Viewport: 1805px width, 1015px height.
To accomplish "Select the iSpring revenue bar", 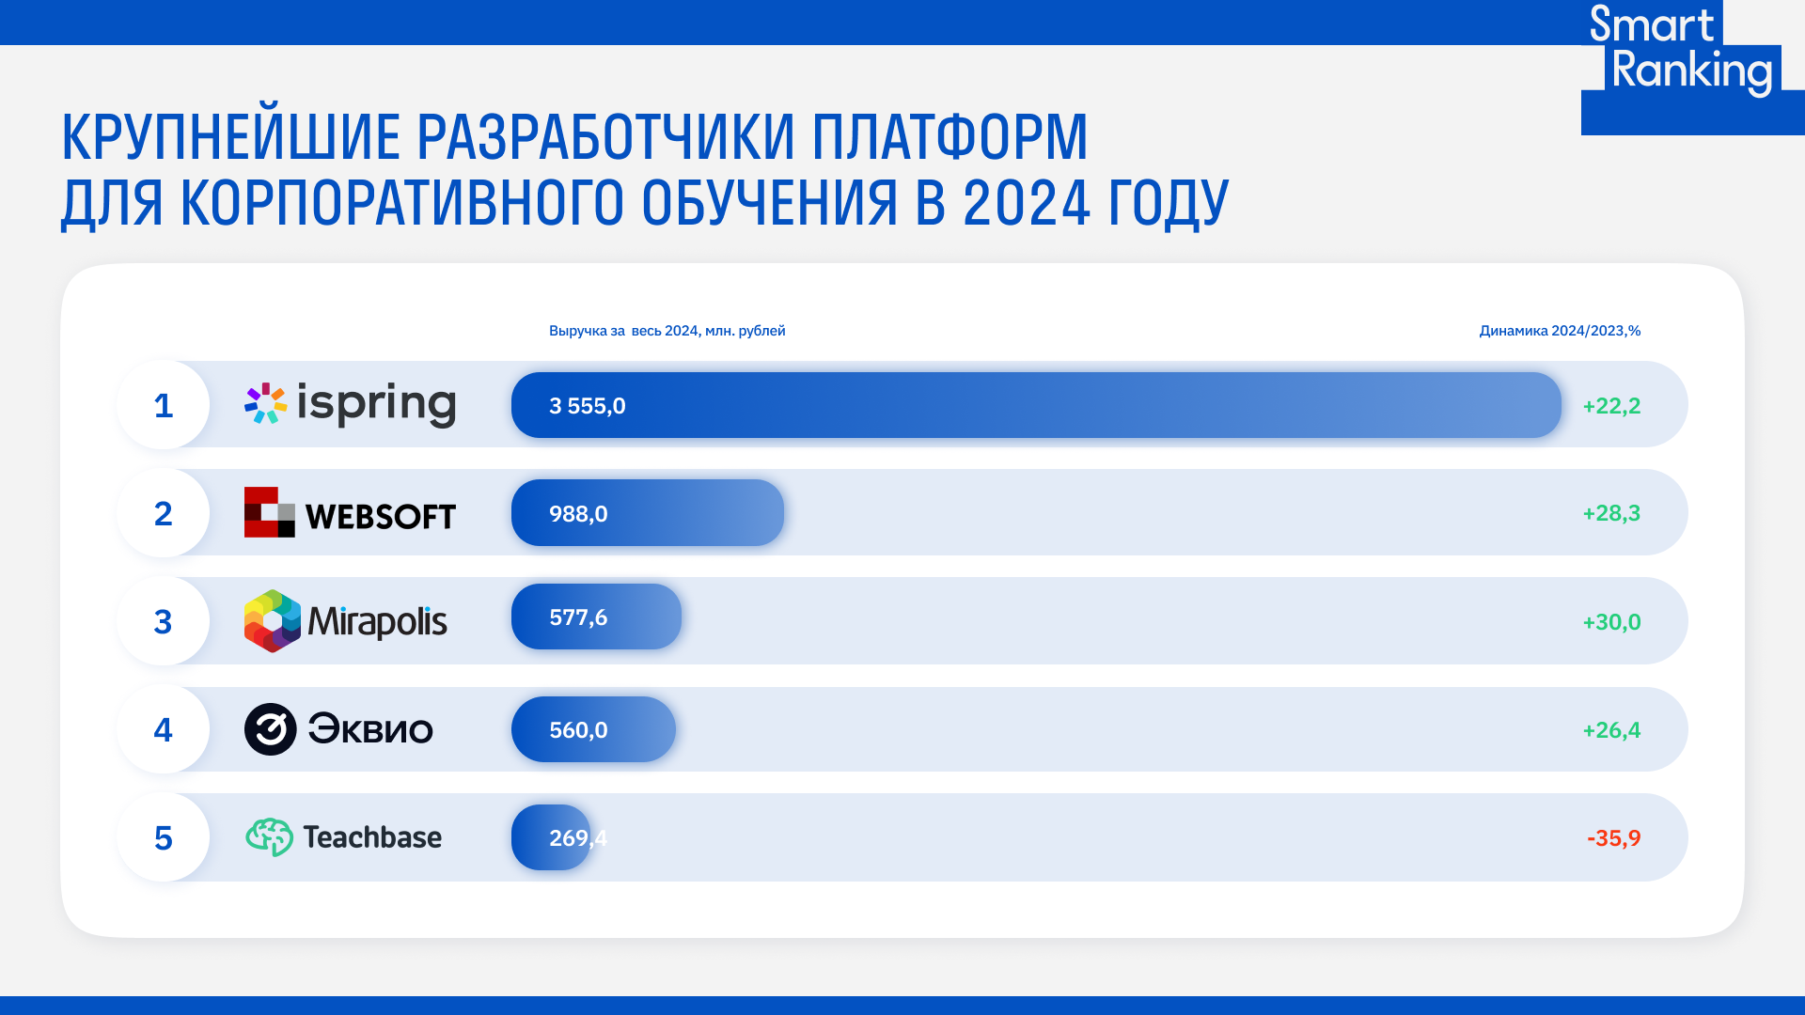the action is pyautogui.click(x=1036, y=405).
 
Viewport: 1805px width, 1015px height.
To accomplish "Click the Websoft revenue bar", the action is pyautogui.click(x=648, y=513).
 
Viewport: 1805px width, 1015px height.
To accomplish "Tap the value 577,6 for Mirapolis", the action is pyautogui.click(x=578, y=617).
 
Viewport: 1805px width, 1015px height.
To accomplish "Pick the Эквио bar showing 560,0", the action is pyautogui.click(x=593, y=729).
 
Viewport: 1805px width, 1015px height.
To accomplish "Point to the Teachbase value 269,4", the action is pyautogui.click(x=578, y=838).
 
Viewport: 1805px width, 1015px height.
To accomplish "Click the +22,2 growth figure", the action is pyautogui.click(x=1611, y=406).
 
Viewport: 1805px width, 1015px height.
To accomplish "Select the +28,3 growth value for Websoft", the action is pyautogui.click(x=1611, y=513).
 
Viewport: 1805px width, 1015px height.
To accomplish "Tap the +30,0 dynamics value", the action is pyautogui.click(x=1611, y=622).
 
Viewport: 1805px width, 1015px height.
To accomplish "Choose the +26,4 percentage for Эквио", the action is pyautogui.click(x=1611, y=730).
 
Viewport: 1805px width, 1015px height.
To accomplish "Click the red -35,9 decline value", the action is pyautogui.click(x=1613, y=838).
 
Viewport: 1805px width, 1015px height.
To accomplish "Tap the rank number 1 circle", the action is pyautogui.click(x=164, y=405).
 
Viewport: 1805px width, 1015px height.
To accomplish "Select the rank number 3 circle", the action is pyautogui.click(x=164, y=621).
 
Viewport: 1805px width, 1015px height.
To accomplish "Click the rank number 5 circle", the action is pyautogui.click(x=164, y=837).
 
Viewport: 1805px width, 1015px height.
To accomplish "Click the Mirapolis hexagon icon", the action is pyautogui.click(x=273, y=621).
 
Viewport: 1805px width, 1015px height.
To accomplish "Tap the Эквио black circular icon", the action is pyautogui.click(x=271, y=729).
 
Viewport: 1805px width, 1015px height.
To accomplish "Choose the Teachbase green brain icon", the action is pyautogui.click(x=270, y=836).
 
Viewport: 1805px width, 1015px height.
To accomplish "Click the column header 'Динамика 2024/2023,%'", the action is pyautogui.click(x=1560, y=331).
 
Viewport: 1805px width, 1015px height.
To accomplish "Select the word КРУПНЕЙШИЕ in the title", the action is pyautogui.click(x=231, y=137).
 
